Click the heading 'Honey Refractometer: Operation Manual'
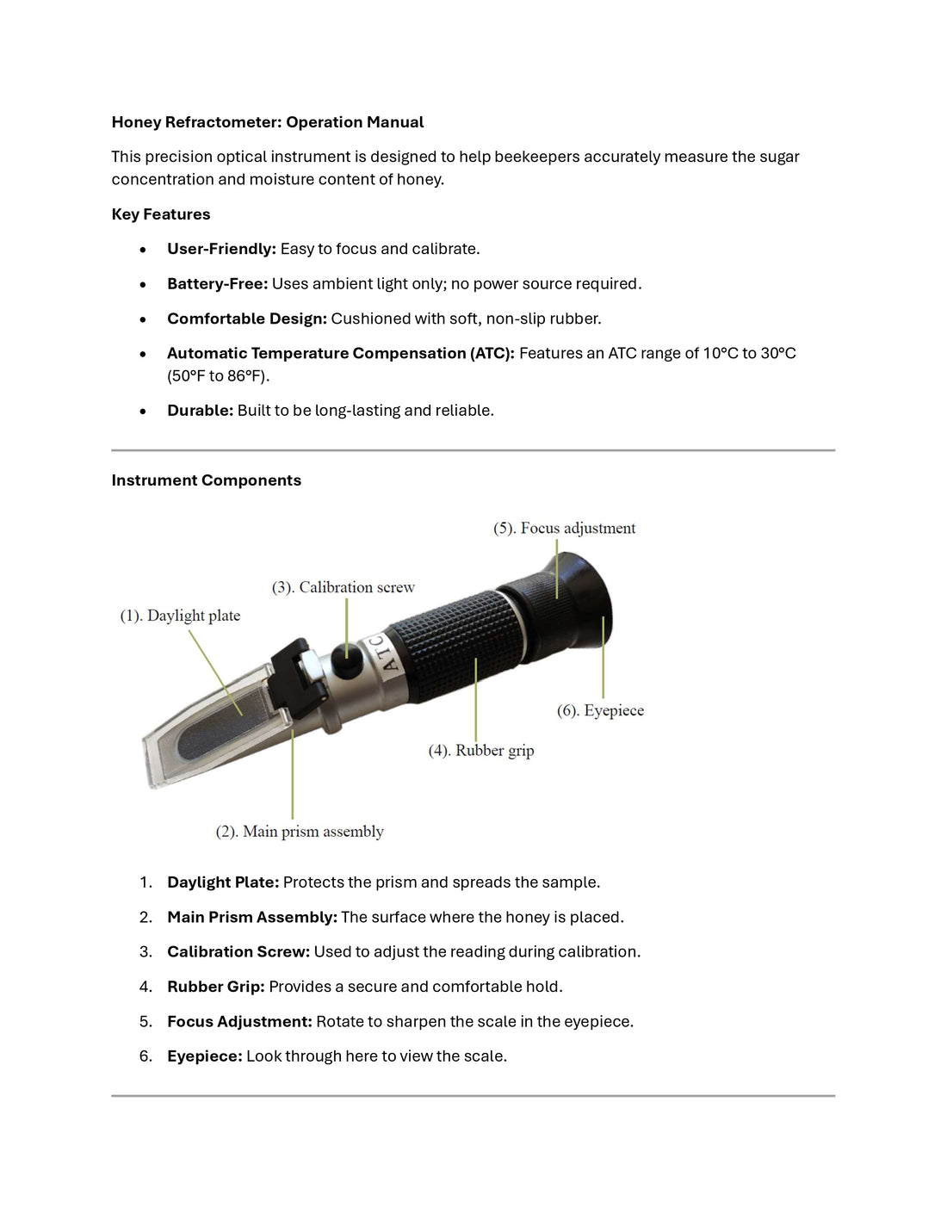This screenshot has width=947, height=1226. [267, 122]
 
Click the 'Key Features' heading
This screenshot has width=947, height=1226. [160, 214]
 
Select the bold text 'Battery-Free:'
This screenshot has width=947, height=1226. [217, 284]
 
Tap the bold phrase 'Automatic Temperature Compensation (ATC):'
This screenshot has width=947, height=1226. [340, 353]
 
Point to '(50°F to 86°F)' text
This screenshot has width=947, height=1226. [218, 376]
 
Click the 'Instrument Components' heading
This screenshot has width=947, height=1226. [206, 480]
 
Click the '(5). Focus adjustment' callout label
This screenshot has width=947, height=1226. [564, 529]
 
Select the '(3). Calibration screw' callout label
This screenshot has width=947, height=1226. [343, 588]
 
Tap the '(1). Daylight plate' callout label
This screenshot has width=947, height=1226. [180, 616]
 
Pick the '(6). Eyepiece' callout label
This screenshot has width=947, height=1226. [600, 711]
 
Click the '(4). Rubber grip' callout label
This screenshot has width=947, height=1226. [480, 751]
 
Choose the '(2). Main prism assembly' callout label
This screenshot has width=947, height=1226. [299, 832]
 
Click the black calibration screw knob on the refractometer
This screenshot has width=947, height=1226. [346, 666]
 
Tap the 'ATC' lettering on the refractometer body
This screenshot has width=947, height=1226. [383, 653]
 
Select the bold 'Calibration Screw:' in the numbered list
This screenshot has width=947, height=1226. [238, 952]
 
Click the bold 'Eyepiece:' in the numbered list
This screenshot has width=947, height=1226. [204, 1056]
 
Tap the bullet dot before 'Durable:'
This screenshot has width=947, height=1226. [143, 412]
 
